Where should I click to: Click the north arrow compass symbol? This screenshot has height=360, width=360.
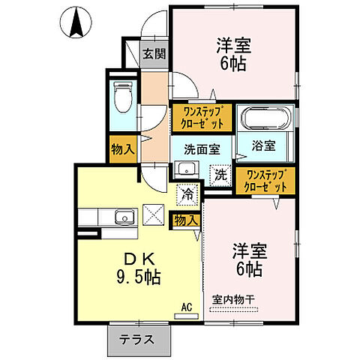[75, 22]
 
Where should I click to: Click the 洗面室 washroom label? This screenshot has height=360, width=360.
[199, 147]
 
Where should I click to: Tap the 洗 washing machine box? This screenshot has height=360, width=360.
[220, 174]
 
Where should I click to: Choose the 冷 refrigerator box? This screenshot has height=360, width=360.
[187, 193]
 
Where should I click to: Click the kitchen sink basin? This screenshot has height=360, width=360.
[124, 219]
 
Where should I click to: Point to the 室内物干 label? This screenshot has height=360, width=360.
[233, 299]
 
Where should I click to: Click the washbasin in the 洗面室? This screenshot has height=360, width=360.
[187, 169]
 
